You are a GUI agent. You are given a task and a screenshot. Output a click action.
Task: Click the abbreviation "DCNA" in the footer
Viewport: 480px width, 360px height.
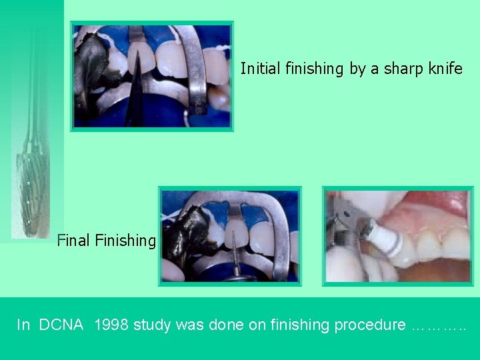(x=61, y=325)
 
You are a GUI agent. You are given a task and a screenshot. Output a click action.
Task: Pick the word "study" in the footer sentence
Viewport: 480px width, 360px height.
(x=152, y=325)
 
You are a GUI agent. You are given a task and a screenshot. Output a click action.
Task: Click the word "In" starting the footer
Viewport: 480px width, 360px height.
(x=23, y=325)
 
